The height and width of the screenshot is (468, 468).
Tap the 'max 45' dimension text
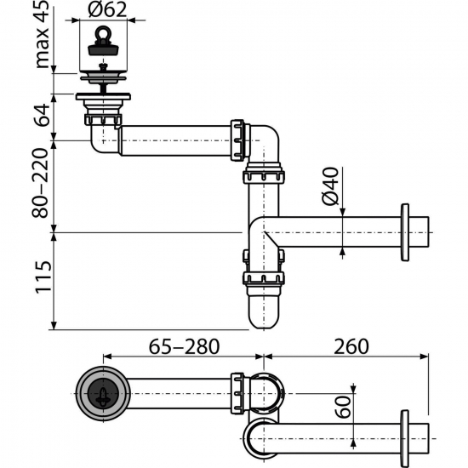point(42,36)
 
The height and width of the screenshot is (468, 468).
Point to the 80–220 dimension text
point(41,182)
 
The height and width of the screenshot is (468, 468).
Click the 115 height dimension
point(41,278)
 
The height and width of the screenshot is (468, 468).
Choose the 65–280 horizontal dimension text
point(180,346)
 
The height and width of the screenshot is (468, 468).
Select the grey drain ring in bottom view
point(104,393)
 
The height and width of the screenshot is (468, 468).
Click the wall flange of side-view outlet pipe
point(406,231)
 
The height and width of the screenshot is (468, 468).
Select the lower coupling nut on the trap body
point(264,278)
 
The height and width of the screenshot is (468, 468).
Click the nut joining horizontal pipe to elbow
point(238,139)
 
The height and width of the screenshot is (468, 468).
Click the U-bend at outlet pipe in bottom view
point(259,439)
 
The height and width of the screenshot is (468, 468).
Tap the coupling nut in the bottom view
point(238,393)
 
